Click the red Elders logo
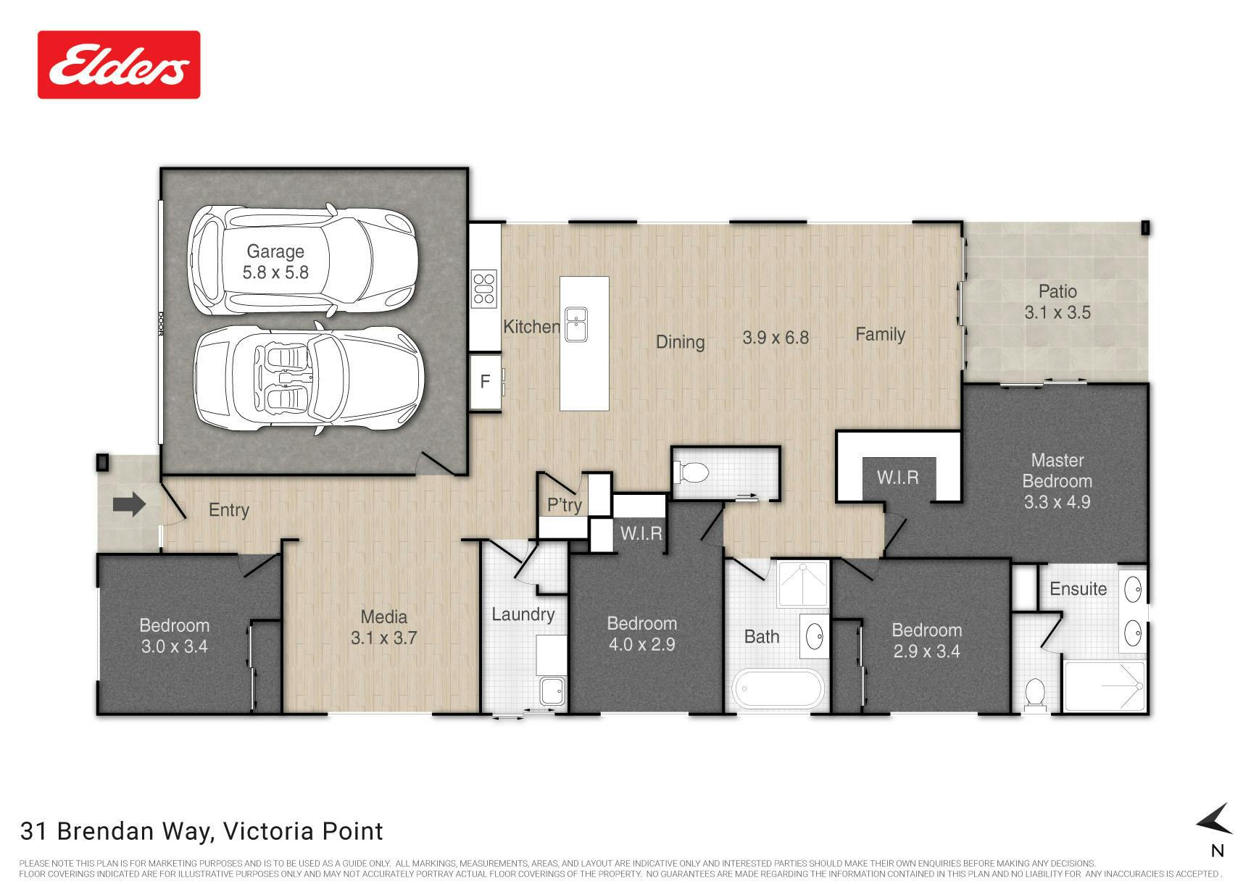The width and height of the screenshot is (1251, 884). (x=119, y=64)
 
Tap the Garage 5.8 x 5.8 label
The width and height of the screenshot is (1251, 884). (x=275, y=262)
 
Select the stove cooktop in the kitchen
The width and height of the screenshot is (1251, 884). (x=483, y=288)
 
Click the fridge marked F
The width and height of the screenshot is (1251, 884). (x=485, y=381)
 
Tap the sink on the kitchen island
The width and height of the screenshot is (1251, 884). (x=576, y=324)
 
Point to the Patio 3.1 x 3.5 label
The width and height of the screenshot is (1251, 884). (x=1057, y=301)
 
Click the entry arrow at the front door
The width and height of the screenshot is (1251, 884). (x=130, y=504)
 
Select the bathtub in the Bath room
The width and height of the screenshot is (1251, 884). (x=778, y=690)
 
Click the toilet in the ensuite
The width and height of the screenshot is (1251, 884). (x=1034, y=693)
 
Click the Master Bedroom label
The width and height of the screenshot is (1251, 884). (x=1057, y=470)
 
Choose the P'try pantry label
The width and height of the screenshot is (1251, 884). (x=565, y=504)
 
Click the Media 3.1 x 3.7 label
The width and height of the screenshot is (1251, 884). (x=384, y=627)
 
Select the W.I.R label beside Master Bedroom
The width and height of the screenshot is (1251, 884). (x=897, y=478)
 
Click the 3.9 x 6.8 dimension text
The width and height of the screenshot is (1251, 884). (x=776, y=337)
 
